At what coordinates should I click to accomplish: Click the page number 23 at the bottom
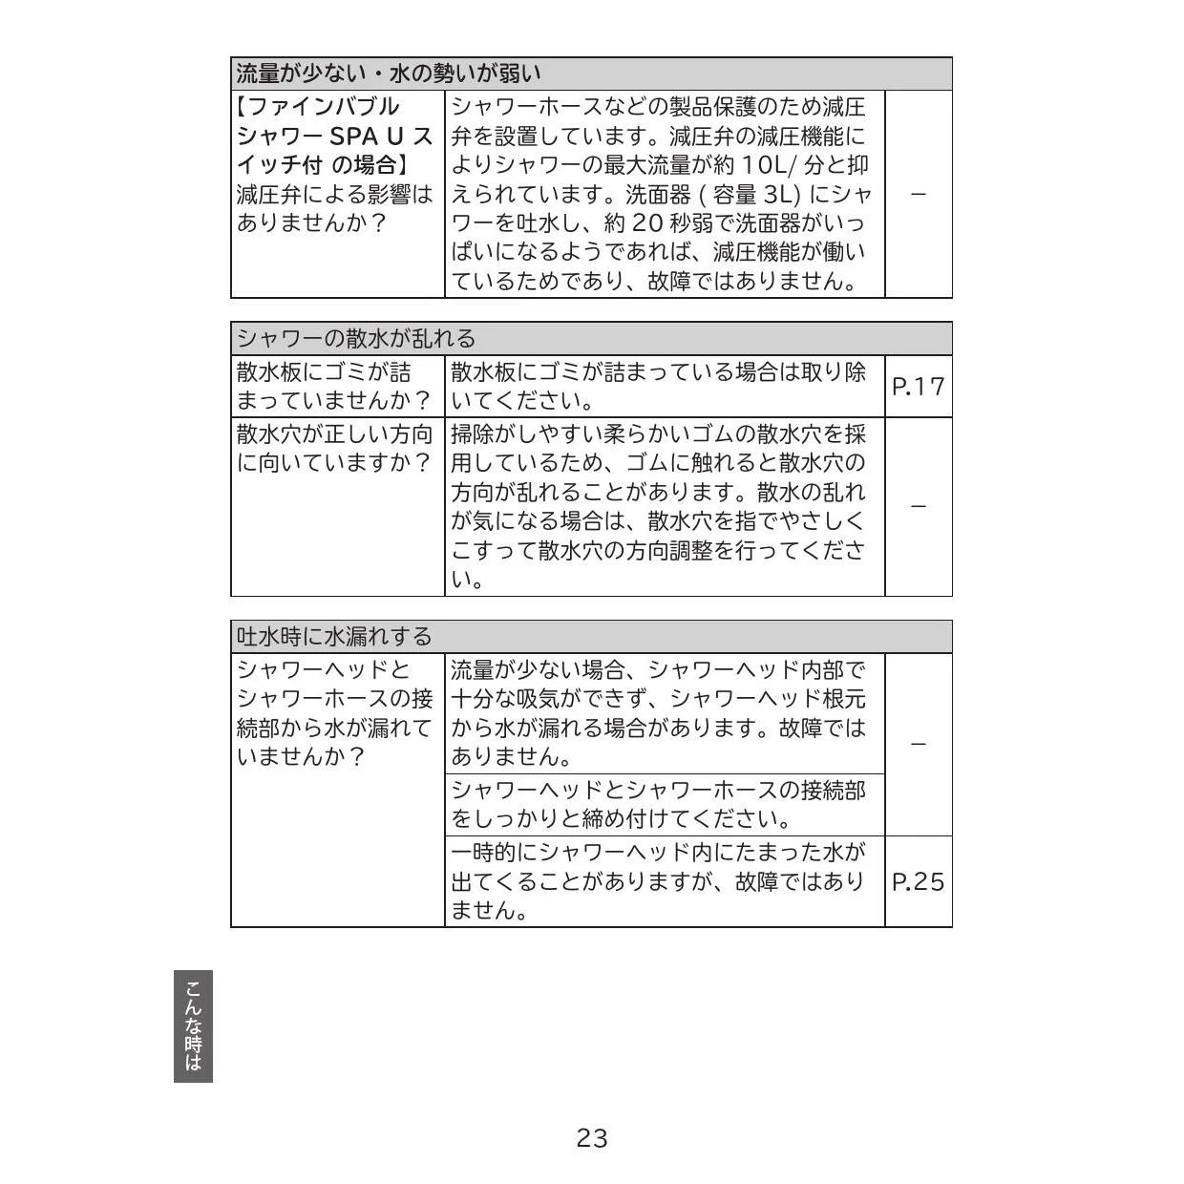pyautogui.click(x=592, y=1137)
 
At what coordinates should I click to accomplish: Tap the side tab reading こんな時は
pyautogui.click(x=193, y=1026)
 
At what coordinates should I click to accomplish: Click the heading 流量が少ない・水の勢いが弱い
pyautogui.click(x=389, y=74)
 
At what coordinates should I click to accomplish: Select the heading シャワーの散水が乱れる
pyautogui.click(x=355, y=338)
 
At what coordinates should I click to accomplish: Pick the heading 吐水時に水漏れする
pyautogui.click(x=334, y=636)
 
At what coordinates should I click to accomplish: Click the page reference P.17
pyautogui.click(x=918, y=387)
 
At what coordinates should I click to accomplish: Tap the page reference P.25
pyautogui.click(x=918, y=881)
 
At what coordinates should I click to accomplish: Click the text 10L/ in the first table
pyautogui.click(x=768, y=165)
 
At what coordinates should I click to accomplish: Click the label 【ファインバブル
pyautogui.click(x=317, y=106)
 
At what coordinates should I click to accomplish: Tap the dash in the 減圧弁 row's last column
pyautogui.click(x=918, y=195)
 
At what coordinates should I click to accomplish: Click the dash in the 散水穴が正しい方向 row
pyautogui.click(x=918, y=506)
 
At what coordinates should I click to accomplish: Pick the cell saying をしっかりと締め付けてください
pyautogui.click(x=659, y=805)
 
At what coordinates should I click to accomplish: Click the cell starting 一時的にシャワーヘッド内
pyautogui.click(x=659, y=881)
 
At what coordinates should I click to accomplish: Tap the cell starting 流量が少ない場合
pyautogui.click(x=659, y=713)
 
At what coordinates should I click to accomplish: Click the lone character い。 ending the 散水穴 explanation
pyautogui.click(x=467, y=580)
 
